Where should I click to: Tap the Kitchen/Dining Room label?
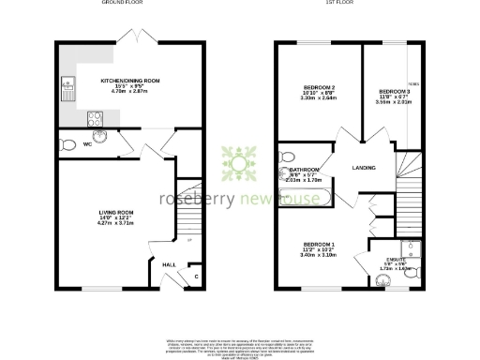point(130,82)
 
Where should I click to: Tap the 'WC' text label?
point(87,144)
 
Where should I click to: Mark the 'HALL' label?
point(169,264)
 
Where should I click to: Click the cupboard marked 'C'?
point(194,276)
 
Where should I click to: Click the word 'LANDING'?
point(364,168)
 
